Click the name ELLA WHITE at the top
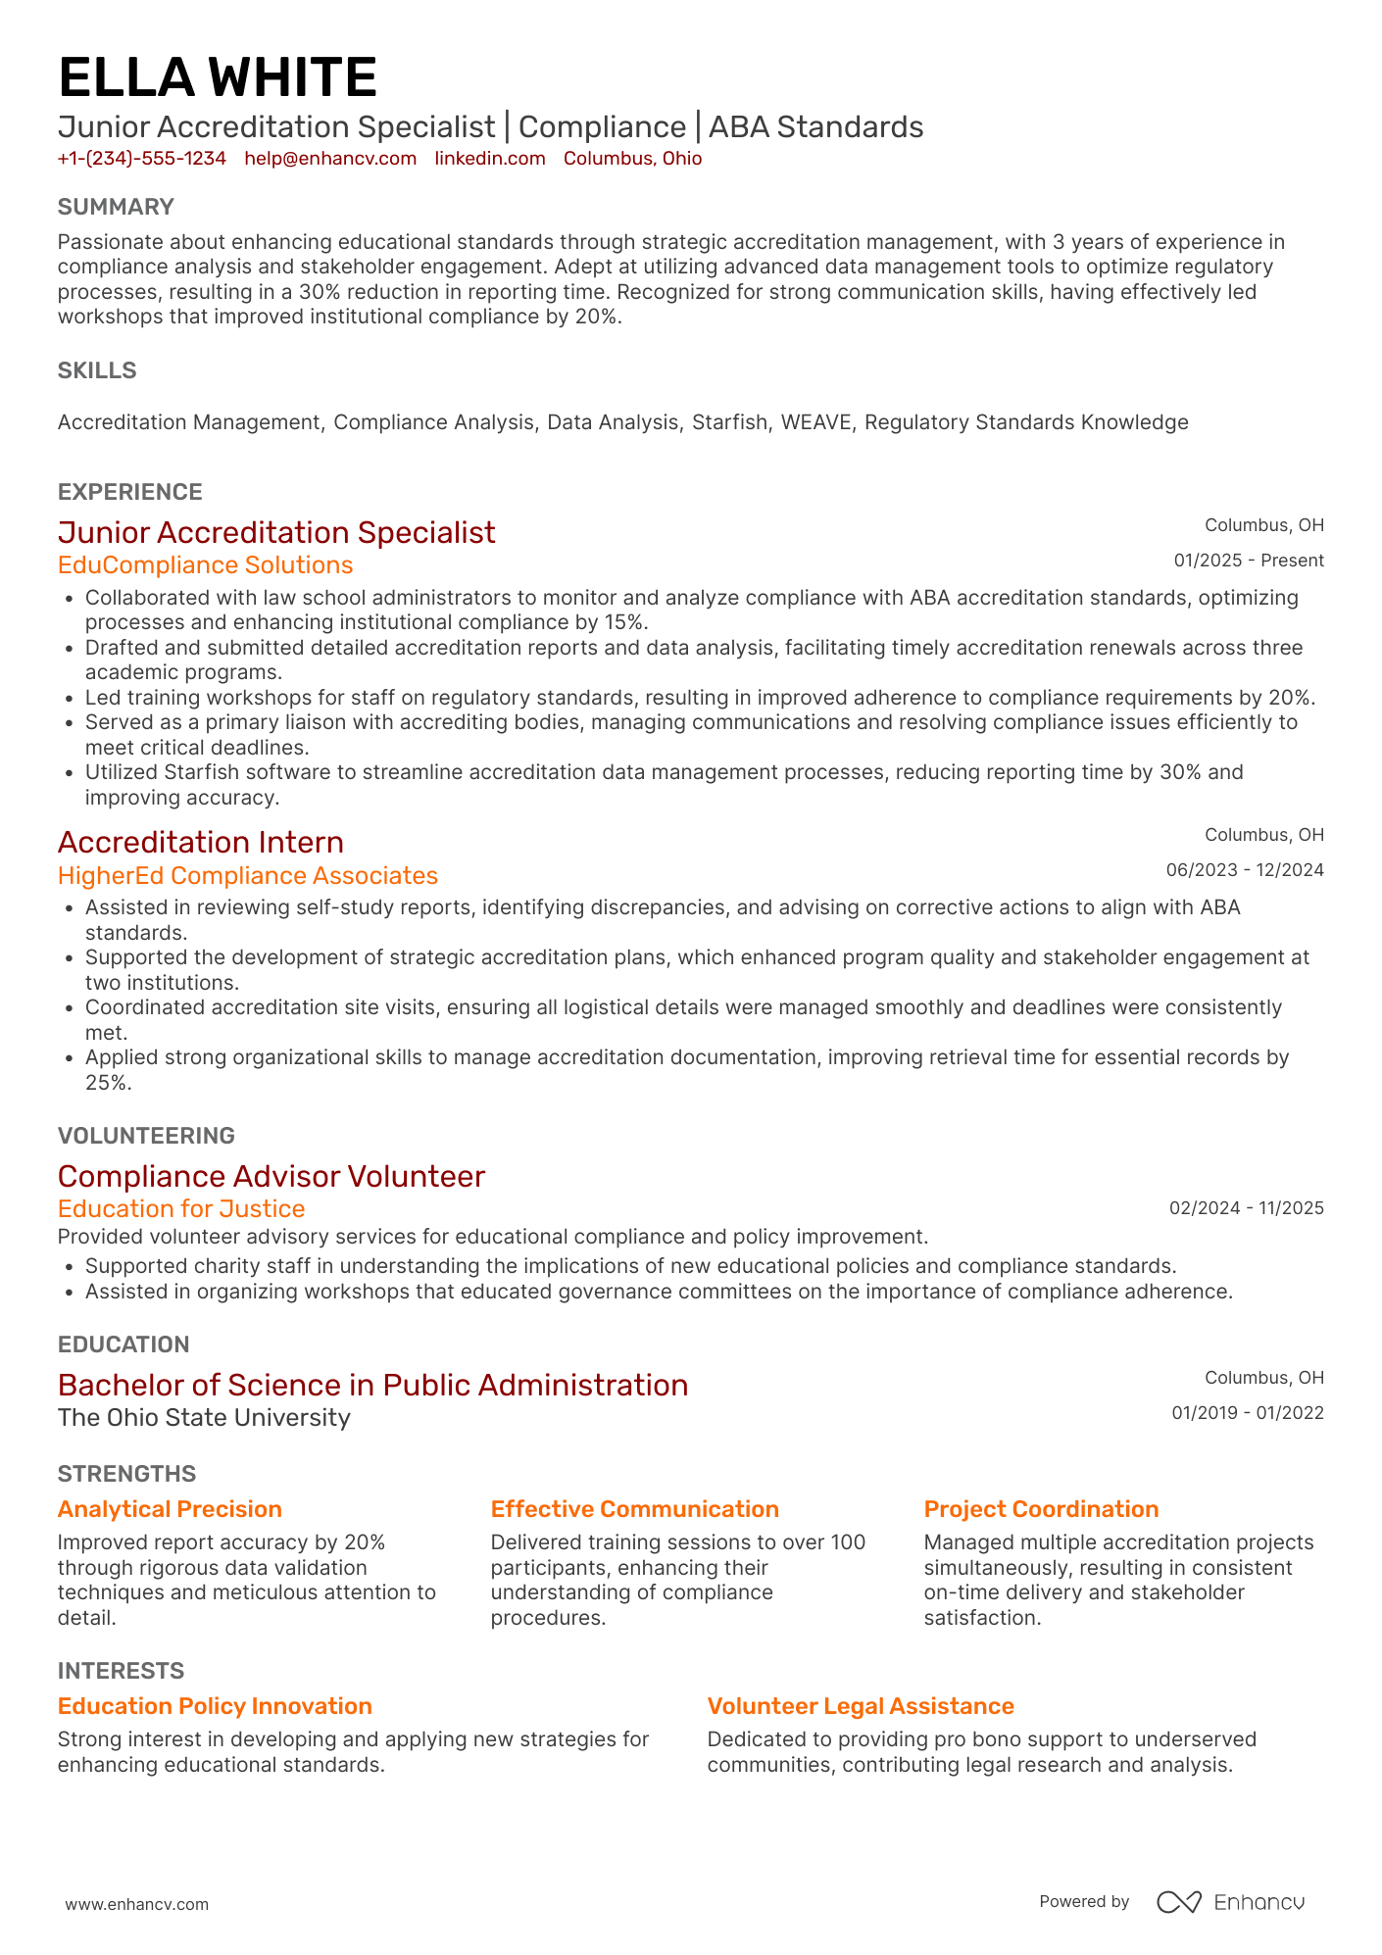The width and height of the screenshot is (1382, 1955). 218,78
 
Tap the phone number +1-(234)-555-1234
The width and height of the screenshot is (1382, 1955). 142,159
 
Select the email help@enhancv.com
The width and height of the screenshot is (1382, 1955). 330,159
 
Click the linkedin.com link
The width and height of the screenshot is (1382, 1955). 490,159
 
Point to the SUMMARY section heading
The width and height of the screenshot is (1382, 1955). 116,207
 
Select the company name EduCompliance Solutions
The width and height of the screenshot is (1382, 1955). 205,565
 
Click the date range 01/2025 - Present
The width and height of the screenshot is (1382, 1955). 1248,561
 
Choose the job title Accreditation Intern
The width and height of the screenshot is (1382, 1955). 201,842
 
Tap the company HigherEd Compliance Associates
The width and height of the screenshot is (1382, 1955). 248,875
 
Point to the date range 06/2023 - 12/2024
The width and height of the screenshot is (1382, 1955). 1244,870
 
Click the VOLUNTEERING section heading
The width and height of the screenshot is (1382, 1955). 146,1136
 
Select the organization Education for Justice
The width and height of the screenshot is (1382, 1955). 181,1208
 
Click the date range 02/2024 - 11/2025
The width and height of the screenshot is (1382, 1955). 1246,1208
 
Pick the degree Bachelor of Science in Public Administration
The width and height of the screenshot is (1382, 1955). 372,1385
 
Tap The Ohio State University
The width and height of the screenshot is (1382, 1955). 204,1418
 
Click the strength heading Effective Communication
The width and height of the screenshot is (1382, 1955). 634,1509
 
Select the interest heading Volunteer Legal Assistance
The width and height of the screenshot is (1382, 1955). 860,1706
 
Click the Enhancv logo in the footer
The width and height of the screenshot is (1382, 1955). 1230,1902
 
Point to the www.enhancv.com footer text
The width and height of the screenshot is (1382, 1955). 137,1904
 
